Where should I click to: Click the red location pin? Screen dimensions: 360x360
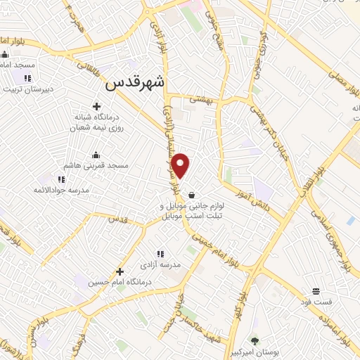pyautogui.click(x=181, y=165)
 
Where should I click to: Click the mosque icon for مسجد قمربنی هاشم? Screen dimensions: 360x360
pyautogui.click(x=96, y=155)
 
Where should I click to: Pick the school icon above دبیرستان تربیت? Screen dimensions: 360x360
pyautogui.click(x=27, y=78)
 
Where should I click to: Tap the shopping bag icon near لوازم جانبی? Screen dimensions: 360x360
pyautogui.click(x=193, y=195)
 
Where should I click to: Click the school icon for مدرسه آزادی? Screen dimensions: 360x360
pyautogui.click(x=160, y=254)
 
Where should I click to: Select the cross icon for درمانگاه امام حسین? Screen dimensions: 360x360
pyautogui.click(x=120, y=271)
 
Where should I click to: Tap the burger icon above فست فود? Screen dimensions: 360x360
pyautogui.click(x=316, y=291)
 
